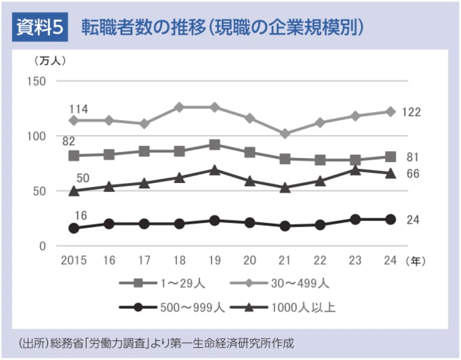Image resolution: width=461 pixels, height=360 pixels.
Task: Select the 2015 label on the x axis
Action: point(73,260)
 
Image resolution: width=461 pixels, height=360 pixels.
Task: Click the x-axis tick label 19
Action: point(215,260)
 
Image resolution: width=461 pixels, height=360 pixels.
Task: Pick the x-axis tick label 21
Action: point(285,260)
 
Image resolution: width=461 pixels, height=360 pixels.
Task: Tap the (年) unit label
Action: point(414,260)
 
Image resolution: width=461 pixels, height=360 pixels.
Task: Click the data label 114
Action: point(79,108)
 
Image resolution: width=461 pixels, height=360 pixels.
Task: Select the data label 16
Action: point(80,216)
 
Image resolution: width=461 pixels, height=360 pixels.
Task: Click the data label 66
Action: point(412,174)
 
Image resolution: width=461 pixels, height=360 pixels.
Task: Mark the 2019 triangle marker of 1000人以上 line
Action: point(215,170)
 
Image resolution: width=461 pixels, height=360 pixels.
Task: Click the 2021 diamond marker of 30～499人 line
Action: point(285,134)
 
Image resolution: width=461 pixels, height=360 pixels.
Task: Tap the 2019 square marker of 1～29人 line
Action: point(215,144)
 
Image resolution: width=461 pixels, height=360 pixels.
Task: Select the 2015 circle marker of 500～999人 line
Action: point(74,228)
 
